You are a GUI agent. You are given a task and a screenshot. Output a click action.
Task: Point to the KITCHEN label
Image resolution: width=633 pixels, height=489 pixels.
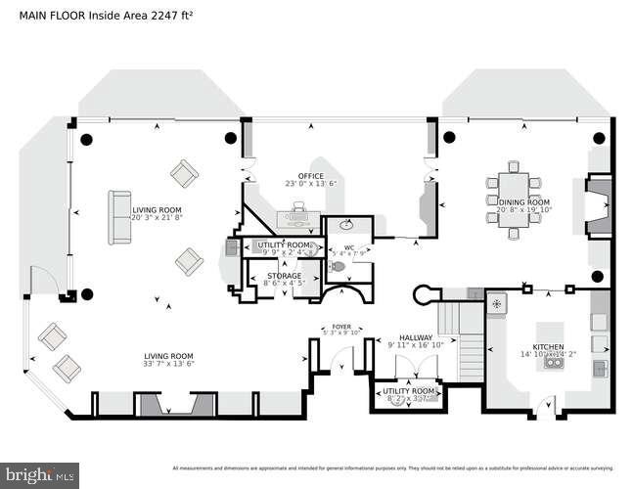(x=548, y=346)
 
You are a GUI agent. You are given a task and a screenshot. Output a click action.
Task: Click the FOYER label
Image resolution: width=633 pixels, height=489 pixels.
(x=341, y=327)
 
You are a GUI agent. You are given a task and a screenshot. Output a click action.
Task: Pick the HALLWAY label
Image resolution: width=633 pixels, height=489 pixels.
(x=415, y=337)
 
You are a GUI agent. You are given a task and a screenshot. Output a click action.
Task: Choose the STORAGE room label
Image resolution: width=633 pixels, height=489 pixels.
(x=285, y=277)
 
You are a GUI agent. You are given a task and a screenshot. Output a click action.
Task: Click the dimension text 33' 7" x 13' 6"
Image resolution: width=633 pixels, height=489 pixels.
(x=168, y=365)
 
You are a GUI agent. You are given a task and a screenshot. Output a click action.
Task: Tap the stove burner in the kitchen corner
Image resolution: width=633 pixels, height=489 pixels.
(x=496, y=305)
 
